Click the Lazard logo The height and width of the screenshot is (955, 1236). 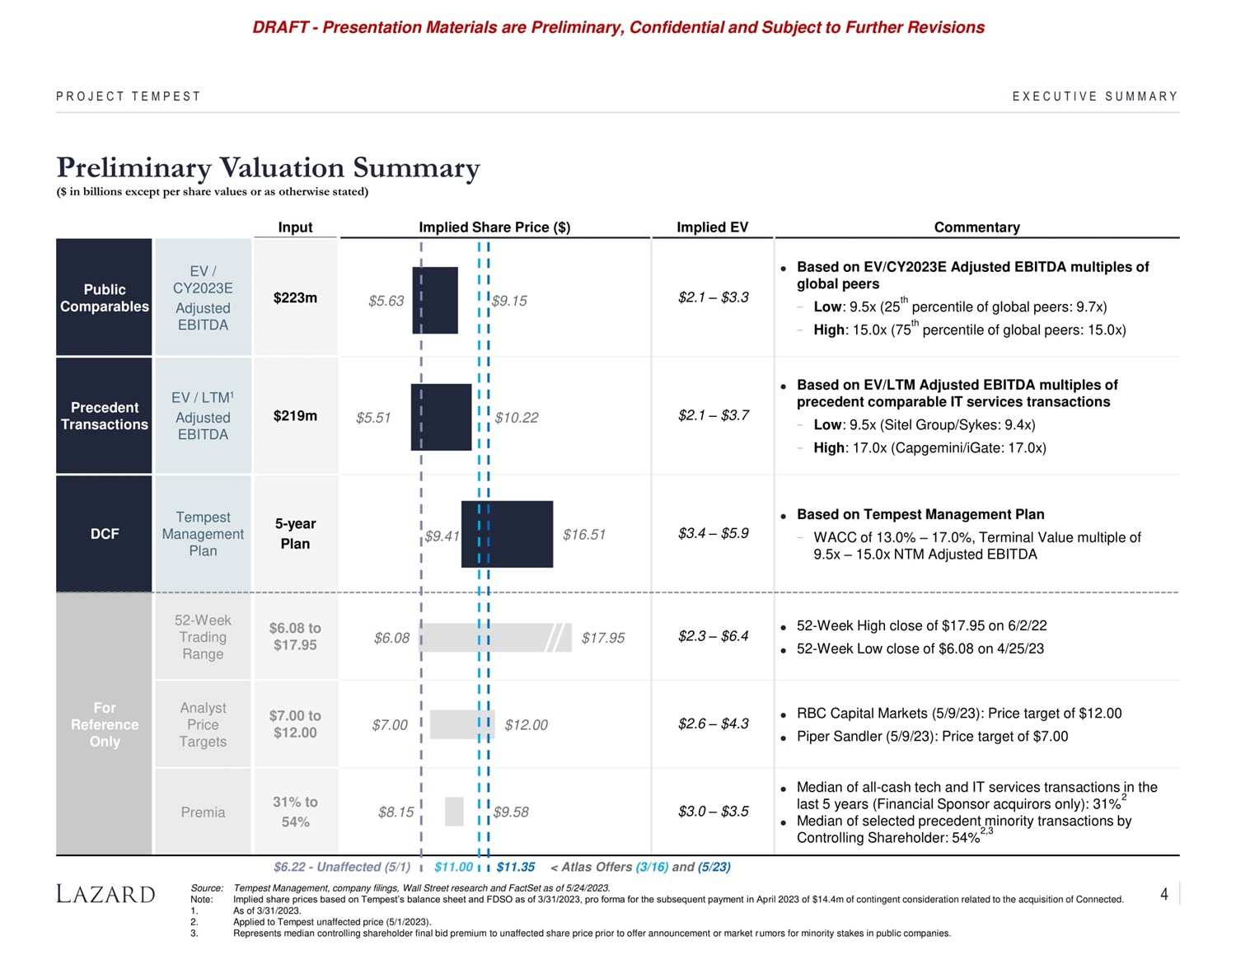coord(105,894)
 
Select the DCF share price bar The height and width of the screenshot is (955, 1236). coord(507,534)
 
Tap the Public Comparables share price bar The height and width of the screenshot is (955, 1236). coord(435,300)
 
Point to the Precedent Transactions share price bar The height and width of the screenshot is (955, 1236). coord(442,417)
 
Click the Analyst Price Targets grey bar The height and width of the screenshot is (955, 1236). coord(461,724)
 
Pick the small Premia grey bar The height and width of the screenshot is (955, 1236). coord(454,812)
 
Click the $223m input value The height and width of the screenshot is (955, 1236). coord(295,297)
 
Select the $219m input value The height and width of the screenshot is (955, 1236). coord(295,415)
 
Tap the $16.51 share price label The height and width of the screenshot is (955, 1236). coord(584,535)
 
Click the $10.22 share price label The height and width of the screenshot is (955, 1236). coord(517,418)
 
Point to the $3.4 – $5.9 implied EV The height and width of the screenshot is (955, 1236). coord(714,533)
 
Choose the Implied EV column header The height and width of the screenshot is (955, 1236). coord(712,227)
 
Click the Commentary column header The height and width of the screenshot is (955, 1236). coord(976,227)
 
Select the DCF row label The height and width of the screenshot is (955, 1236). coord(105,534)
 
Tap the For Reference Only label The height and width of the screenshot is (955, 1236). coord(105,724)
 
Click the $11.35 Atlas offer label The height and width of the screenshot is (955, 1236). coord(516,867)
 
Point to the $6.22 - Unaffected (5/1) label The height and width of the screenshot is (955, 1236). coord(341,867)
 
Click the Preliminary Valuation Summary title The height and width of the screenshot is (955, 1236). coord(268,167)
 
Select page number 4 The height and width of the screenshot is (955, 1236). coord(1163,894)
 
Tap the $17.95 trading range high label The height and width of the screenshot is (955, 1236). coord(603,638)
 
